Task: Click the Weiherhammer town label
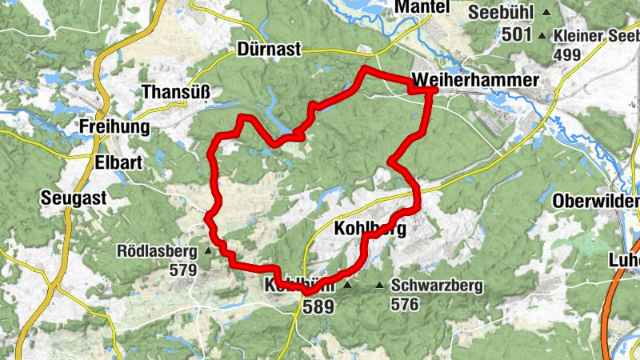click(x=475, y=80)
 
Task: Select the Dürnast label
click(x=269, y=50)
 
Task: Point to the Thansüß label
click(x=176, y=93)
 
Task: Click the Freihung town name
click(x=115, y=127)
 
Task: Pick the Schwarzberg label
click(x=436, y=286)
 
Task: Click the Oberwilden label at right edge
click(x=596, y=201)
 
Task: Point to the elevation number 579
click(x=183, y=270)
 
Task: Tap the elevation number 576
click(x=405, y=304)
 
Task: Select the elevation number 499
click(x=566, y=54)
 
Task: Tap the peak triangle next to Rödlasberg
click(x=208, y=250)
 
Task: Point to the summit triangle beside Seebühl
click(x=546, y=12)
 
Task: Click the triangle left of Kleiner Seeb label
click(x=542, y=34)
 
